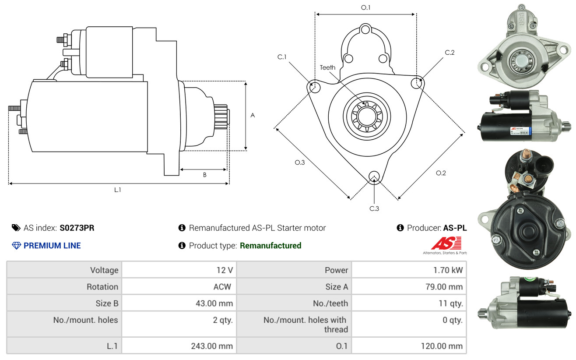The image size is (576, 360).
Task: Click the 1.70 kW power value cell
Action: [x=448, y=270]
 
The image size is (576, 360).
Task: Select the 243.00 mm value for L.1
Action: [x=212, y=346]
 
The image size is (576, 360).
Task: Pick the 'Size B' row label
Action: [x=107, y=303]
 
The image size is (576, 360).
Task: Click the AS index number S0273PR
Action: [x=77, y=228]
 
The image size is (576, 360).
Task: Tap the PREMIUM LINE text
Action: [x=52, y=246]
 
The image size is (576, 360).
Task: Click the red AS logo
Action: [x=446, y=244]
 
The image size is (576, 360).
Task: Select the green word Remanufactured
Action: [x=270, y=246]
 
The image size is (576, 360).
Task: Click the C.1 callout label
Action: [x=282, y=57]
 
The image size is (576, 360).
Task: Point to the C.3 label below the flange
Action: [x=374, y=208]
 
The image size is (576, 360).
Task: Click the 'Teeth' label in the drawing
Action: [x=327, y=67]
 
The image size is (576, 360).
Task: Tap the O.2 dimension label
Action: [x=441, y=173]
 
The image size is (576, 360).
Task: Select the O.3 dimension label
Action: [x=299, y=162]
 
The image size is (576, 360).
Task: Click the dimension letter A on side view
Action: [x=253, y=116]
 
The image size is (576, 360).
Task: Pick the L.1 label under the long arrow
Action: [x=118, y=190]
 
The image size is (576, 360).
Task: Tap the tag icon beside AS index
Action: [x=16, y=228]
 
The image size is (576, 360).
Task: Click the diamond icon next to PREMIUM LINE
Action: [x=16, y=246]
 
